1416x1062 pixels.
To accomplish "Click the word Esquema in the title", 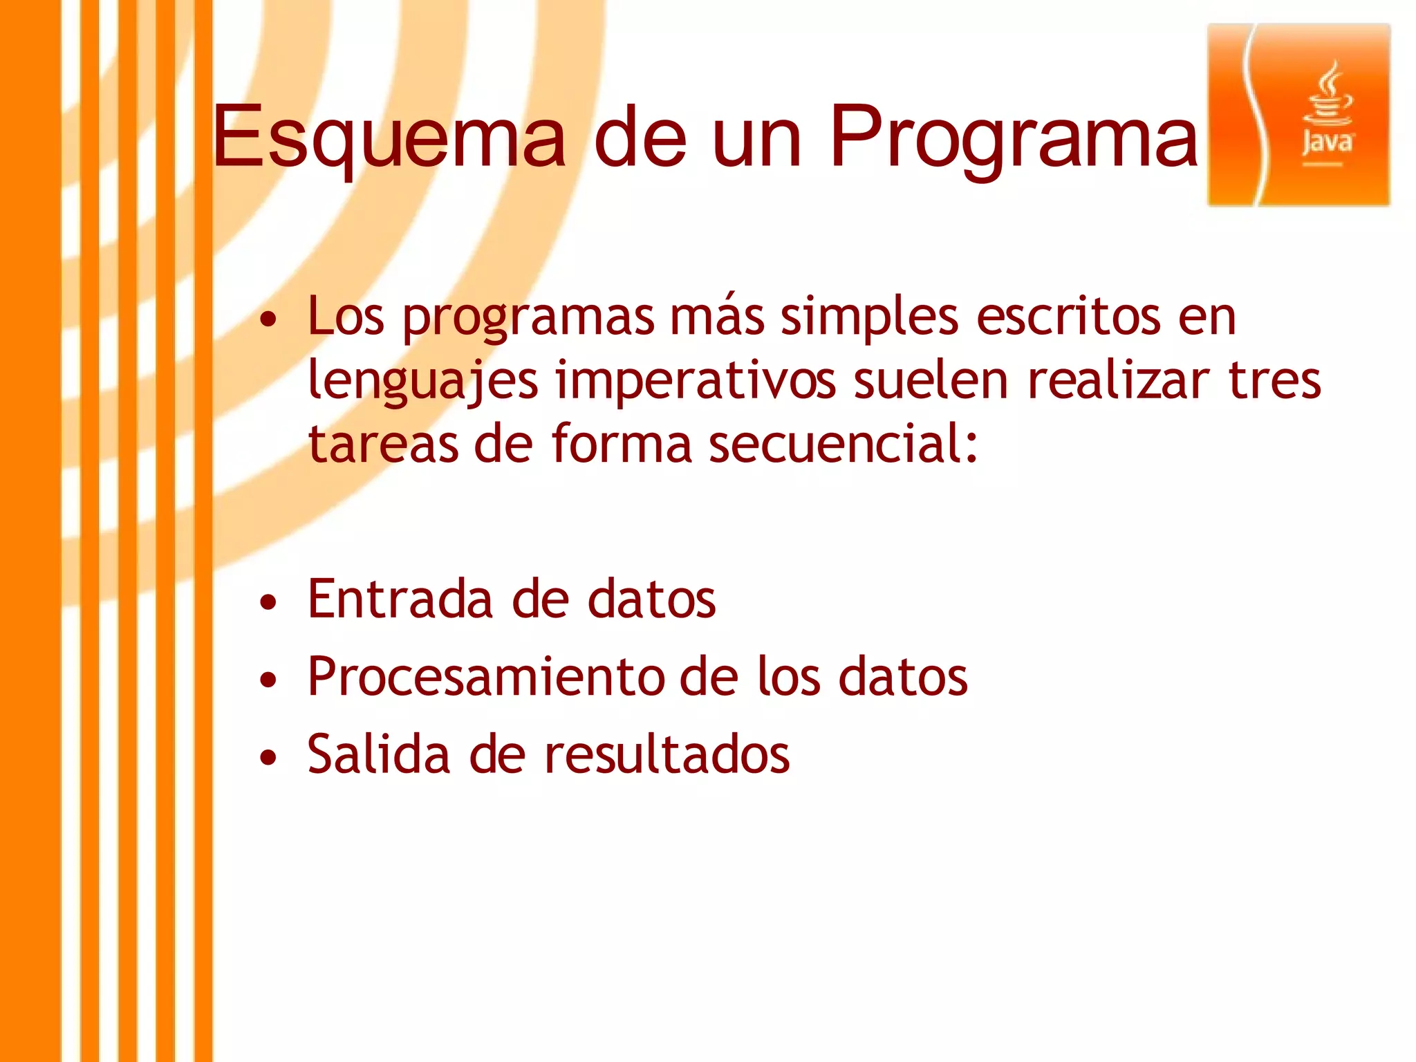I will tap(389, 137).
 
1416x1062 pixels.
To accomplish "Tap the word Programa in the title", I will tap(1013, 137).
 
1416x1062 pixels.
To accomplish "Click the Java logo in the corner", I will tap(1298, 115).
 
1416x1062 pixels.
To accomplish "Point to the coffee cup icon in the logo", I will tap(1328, 97).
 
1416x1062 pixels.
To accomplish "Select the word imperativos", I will tap(695, 382).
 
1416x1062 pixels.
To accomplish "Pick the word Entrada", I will tap(400, 599).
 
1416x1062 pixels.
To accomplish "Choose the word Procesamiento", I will tap(484, 677).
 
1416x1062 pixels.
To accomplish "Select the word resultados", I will tap(667, 754).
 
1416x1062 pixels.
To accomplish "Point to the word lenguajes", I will tap(422, 382).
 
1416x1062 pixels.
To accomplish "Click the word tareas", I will tap(382, 445).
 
